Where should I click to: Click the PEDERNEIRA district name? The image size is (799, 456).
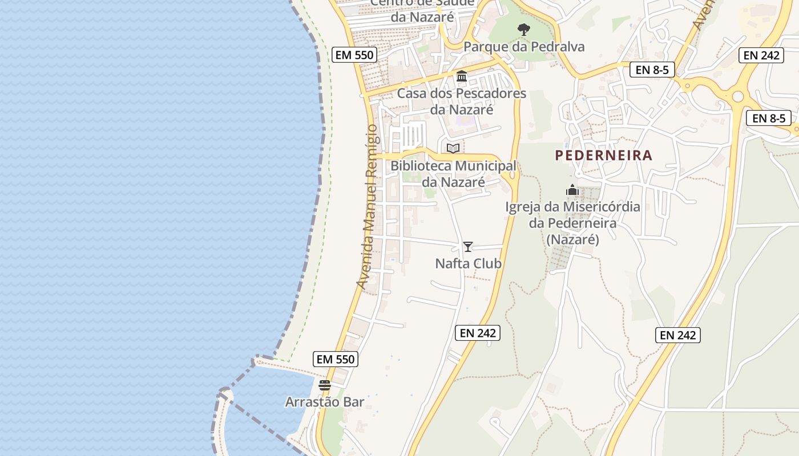click(603, 155)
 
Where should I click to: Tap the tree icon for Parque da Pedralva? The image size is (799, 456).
click(523, 30)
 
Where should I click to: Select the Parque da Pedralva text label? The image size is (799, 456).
click(524, 47)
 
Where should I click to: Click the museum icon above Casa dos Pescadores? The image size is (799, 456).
click(462, 76)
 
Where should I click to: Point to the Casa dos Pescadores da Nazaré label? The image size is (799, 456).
click(462, 101)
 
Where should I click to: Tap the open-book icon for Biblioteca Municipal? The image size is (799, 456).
click(453, 148)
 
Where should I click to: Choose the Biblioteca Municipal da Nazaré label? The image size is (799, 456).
click(453, 174)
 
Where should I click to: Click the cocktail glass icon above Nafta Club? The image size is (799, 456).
click(468, 247)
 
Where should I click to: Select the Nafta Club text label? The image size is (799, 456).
click(468, 263)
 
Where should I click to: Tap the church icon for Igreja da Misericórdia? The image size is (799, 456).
click(572, 190)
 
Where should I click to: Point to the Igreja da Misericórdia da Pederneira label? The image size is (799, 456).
click(572, 223)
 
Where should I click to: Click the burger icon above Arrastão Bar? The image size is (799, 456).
click(325, 385)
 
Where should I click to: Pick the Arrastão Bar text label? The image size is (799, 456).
click(325, 402)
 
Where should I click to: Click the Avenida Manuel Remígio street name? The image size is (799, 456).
click(367, 206)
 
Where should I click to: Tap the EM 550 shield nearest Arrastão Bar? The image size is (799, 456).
click(336, 359)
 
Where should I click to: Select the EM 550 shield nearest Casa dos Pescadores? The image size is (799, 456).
click(354, 55)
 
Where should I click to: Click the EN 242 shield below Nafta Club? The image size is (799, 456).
click(478, 333)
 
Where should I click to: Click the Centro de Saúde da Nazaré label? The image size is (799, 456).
click(422, 10)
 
